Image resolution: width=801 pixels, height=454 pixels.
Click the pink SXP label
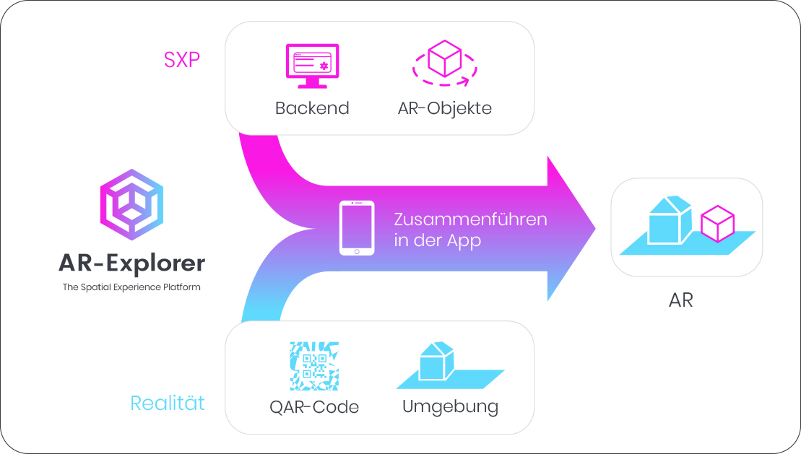181,60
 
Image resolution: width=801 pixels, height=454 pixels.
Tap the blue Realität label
168,403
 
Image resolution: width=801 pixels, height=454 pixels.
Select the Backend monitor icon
312,66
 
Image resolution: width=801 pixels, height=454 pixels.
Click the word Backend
312,108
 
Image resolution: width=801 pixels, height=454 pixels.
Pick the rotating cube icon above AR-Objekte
444,63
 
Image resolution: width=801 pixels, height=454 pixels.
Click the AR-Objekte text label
444,108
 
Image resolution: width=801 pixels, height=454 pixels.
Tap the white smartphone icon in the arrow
357,228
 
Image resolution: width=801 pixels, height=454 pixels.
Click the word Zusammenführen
470,219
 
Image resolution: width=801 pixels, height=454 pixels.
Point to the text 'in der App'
437,240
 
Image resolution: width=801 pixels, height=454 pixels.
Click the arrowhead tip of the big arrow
595,228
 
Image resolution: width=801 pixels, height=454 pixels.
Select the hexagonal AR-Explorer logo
131,204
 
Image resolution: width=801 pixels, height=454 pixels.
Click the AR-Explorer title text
131,263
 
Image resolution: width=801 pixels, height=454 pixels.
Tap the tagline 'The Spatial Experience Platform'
131,287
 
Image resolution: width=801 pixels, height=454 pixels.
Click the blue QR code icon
314,366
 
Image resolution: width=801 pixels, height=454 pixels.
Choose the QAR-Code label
314,407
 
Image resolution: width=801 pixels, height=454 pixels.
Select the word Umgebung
450,407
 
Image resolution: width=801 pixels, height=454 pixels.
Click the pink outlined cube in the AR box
718,224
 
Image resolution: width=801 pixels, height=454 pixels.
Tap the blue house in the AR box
670,220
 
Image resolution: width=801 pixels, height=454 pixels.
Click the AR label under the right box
681,300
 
